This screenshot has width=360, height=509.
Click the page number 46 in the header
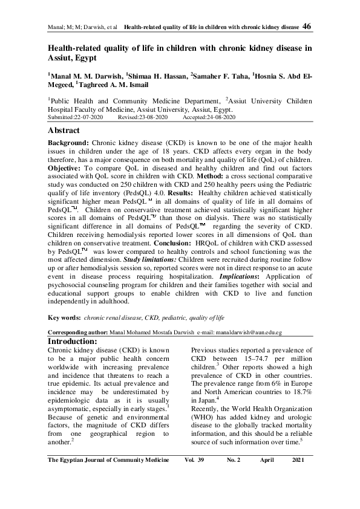[x=306, y=27]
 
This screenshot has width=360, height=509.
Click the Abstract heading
[x=64, y=130]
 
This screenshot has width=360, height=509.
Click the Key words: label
[x=64, y=317]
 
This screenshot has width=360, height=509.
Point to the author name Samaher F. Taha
[x=220, y=77]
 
